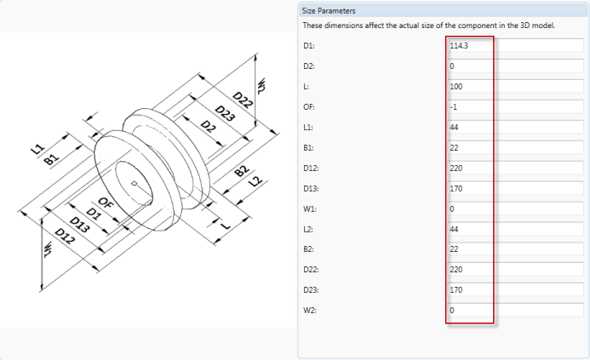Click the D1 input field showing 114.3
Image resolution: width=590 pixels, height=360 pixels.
pyautogui.click(x=515, y=45)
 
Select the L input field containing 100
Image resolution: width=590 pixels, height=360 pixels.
pyautogui.click(x=515, y=86)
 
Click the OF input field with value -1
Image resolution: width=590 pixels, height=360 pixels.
pyautogui.click(x=515, y=106)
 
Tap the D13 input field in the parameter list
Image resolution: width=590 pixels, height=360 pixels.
pyautogui.click(x=515, y=188)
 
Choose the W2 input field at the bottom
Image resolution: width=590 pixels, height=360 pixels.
pyautogui.click(x=515, y=311)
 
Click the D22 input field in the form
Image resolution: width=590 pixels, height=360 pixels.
pyautogui.click(x=515, y=270)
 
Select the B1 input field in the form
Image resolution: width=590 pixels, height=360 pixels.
pyautogui.click(x=515, y=147)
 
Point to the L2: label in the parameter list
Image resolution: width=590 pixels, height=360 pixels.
pyautogui.click(x=308, y=229)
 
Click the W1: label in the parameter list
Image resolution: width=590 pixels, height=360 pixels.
pyautogui.click(x=309, y=209)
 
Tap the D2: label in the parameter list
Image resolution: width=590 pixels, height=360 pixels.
pyautogui.click(x=308, y=66)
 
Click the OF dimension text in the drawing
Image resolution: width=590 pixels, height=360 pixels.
pyautogui.click(x=106, y=203)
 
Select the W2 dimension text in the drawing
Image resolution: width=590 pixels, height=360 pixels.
pyautogui.click(x=264, y=84)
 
